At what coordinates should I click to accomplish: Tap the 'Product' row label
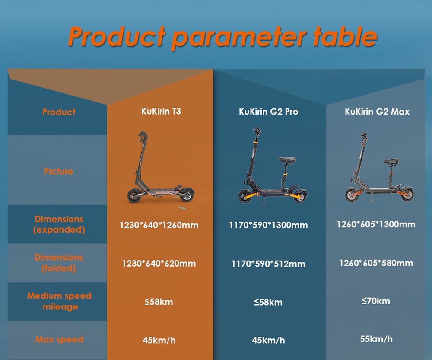59,112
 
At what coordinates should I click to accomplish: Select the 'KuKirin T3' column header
161,112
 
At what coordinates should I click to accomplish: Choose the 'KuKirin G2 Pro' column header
268,112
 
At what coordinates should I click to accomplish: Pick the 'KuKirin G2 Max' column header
377,112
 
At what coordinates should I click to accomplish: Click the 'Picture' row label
59,172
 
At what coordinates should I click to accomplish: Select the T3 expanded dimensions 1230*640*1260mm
159,225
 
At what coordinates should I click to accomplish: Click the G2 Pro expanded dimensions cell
268,225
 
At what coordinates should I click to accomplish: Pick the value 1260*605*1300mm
376,224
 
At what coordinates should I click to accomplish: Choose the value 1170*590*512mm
268,264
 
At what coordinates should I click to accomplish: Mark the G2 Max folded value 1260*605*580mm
376,263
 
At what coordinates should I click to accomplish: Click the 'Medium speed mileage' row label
59,301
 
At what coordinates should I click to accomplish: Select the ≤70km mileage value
376,301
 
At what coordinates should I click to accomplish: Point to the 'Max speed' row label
59,340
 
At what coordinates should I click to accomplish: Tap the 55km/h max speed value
376,339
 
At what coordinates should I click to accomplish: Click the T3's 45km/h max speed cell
159,341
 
